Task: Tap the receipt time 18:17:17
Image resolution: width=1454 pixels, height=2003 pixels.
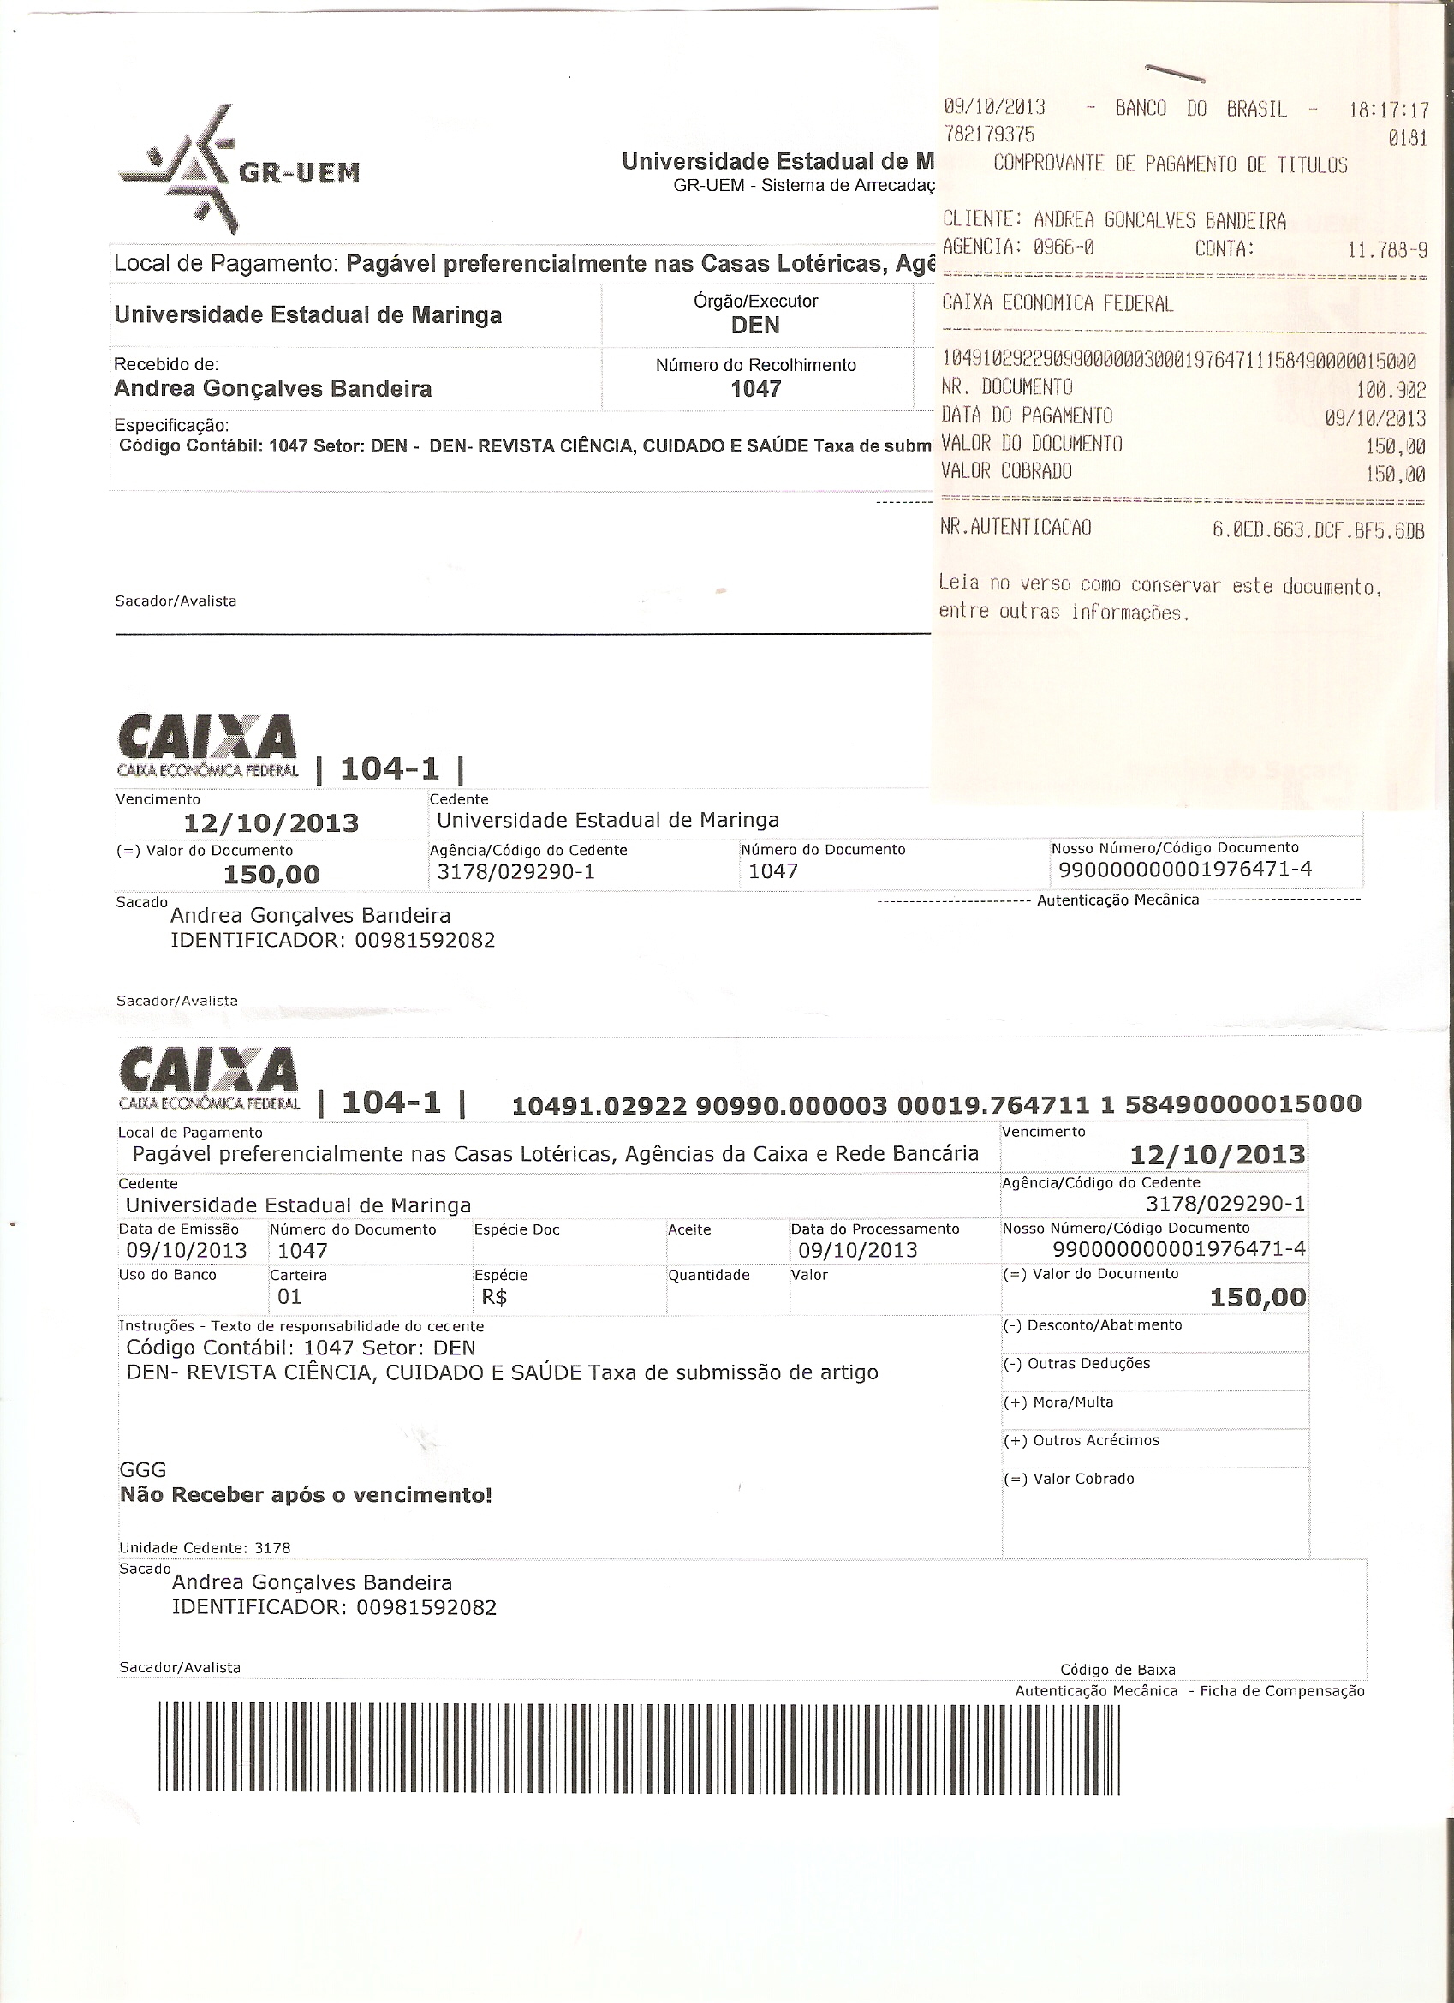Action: pos(1388,111)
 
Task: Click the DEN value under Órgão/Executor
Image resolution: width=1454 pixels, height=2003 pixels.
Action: pos(756,325)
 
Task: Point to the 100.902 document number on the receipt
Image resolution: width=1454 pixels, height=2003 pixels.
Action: pos(1391,389)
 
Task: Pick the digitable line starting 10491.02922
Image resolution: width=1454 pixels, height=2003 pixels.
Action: pos(936,1104)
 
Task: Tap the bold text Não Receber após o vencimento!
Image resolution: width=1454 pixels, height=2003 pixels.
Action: pos(306,1495)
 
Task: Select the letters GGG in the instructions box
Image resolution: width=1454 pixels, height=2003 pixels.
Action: pos(142,1469)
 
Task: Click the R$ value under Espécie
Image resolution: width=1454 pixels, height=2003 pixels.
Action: pos(490,1296)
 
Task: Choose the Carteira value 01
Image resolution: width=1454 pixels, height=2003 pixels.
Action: pos(289,1296)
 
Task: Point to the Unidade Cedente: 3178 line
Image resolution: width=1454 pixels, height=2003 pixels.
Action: pos(204,1547)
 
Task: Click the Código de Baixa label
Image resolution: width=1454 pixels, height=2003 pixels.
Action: pos(1117,1669)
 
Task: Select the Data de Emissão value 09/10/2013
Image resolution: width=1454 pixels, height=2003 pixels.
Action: pos(187,1250)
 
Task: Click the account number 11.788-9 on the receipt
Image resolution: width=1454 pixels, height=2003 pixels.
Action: pos(1387,250)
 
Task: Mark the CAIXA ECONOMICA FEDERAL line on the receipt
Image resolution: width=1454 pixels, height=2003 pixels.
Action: pos(1057,304)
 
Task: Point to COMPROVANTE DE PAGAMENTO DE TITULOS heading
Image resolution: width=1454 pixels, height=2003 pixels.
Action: pos(1170,165)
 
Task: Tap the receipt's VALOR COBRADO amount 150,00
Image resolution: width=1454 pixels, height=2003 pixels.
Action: pos(1394,475)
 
